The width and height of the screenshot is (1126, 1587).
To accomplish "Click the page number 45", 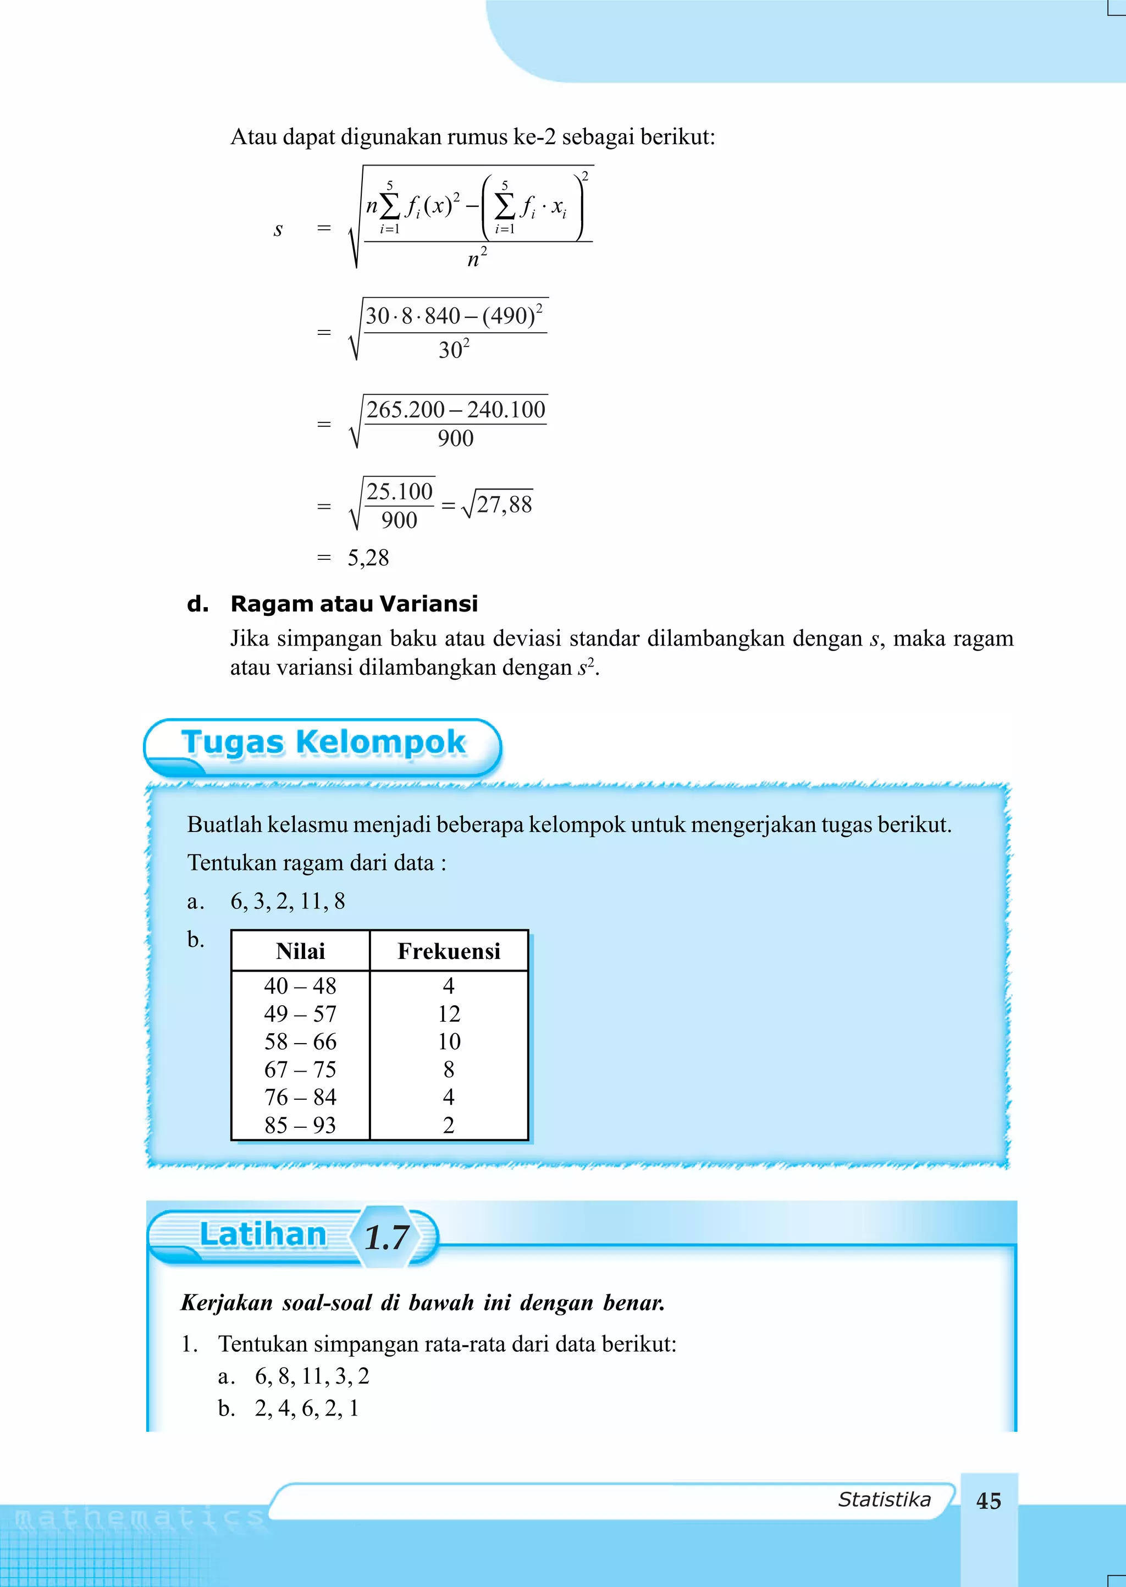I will click(x=988, y=1501).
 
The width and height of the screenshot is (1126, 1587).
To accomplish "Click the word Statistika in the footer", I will click(x=884, y=1500).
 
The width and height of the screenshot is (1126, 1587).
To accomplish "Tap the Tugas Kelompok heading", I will click(x=323, y=742).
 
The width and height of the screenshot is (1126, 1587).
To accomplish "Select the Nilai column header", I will click(x=300, y=951).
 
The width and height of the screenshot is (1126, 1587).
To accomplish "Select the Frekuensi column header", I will click(x=449, y=951).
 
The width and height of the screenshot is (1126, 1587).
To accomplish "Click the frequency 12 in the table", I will click(x=449, y=1013).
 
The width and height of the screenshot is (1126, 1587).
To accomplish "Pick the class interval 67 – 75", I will click(x=300, y=1069).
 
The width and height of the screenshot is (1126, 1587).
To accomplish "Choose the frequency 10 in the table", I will click(x=449, y=1042).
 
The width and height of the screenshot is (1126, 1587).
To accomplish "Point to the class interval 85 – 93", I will click(x=300, y=1125).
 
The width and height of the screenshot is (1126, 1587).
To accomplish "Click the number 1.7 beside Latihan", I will click(x=387, y=1238).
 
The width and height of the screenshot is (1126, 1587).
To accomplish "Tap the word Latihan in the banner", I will click(x=263, y=1236).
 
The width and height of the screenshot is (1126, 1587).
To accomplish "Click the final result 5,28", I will click(x=368, y=558).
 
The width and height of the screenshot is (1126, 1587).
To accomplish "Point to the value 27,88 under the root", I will click(x=504, y=504).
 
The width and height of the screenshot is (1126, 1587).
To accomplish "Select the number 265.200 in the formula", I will click(x=406, y=410).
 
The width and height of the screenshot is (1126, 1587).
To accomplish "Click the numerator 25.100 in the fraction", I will click(x=399, y=492).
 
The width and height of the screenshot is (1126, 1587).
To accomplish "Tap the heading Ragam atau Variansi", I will click(x=354, y=604).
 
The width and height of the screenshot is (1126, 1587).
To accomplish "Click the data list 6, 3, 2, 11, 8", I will click(x=288, y=901).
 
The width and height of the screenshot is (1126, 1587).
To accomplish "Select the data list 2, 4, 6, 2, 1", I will click(x=306, y=1409).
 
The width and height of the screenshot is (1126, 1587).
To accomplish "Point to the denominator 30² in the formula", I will click(x=454, y=349).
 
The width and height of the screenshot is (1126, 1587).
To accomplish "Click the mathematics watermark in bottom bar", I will click(x=139, y=1519).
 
